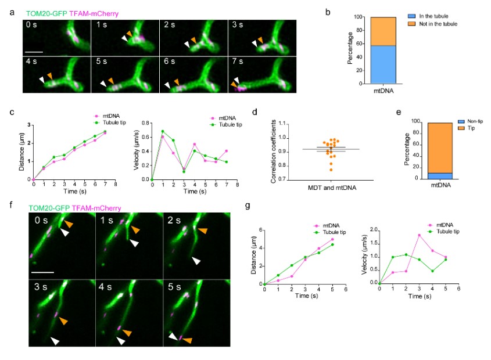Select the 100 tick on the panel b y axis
356,17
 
